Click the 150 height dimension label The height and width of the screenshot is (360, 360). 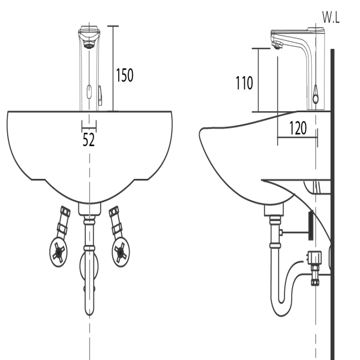[124, 75]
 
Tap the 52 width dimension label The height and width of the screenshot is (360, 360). [88, 139]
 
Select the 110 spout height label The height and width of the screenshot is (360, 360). [244, 83]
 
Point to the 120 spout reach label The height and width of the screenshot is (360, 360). [298, 128]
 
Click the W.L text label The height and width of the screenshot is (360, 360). [331, 17]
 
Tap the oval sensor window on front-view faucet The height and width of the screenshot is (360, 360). [89, 92]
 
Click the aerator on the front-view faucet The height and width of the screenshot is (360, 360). [89, 45]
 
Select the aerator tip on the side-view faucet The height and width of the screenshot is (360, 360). [277, 45]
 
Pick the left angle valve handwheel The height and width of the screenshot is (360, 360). [59, 252]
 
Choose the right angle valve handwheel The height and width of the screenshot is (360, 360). [121, 253]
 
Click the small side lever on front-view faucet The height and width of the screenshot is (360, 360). [100, 95]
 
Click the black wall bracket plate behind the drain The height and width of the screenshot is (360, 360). [311, 225]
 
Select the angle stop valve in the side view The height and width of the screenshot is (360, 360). [315, 268]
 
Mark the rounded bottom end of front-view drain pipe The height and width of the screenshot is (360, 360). [89, 311]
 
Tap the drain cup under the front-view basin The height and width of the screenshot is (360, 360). [89, 209]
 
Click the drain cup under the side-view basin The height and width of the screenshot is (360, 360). [274, 210]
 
